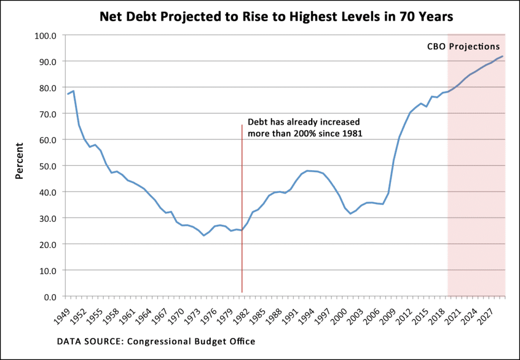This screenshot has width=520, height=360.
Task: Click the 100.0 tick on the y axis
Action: tap(48, 36)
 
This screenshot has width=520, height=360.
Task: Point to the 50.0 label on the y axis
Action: tap(49, 166)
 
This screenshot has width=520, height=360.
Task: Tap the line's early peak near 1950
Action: tap(74, 91)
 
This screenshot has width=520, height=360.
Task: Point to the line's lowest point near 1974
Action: tap(204, 235)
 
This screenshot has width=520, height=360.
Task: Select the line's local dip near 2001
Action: tap(350, 213)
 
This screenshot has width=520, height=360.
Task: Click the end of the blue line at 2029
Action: tap(503, 56)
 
